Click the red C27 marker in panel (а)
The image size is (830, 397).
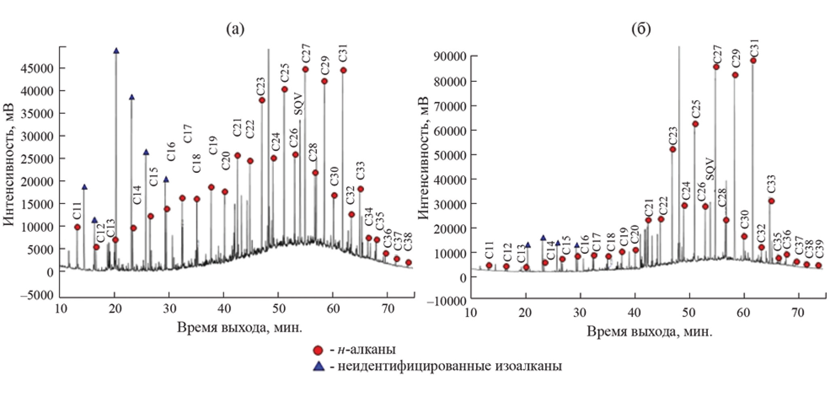click(x=305, y=70)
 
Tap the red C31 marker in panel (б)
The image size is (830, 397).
click(x=753, y=61)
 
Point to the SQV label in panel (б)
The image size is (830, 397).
click(x=710, y=169)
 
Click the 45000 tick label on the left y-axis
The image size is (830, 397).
click(x=37, y=68)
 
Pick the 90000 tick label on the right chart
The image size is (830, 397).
click(x=450, y=56)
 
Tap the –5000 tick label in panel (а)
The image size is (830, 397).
click(x=35, y=295)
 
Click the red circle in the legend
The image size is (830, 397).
click(x=319, y=350)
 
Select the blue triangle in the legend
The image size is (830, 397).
click(x=320, y=367)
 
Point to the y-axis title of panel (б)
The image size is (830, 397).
click(x=423, y=158)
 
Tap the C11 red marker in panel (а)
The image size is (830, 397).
click(x=77, y=227)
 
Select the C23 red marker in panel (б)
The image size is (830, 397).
click(x=673, y=150)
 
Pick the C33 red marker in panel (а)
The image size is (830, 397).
click(x=360, y=189)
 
